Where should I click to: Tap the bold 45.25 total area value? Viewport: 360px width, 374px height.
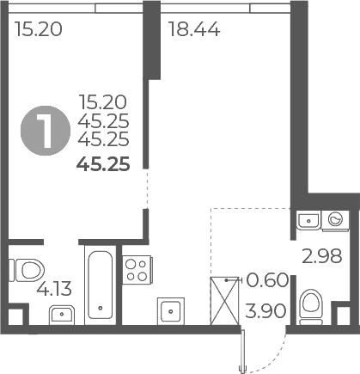tap(103, 165)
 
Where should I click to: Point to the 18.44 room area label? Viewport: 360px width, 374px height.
tap(194, 31)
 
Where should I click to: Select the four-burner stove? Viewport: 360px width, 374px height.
tap(135, 270)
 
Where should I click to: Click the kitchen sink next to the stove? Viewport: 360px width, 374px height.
tap(170, 309)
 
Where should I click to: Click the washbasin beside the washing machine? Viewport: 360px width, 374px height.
tap(308, 221)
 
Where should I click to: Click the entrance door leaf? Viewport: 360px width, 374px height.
tap(244, 351)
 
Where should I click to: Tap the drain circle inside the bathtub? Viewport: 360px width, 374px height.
tap(101, 308)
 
